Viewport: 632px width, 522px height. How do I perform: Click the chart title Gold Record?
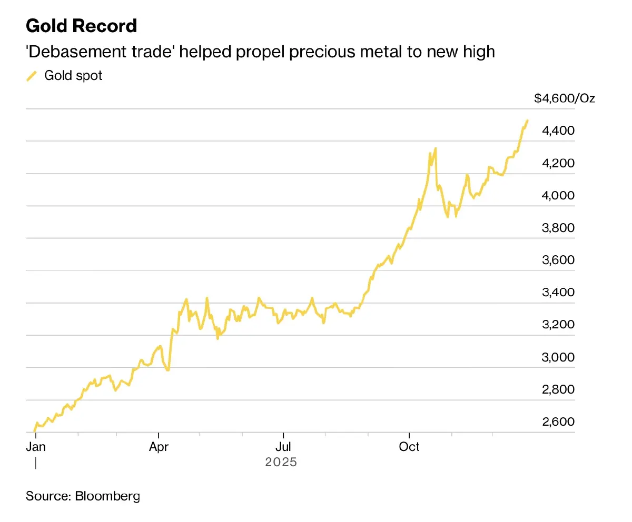click(x=81, y=26)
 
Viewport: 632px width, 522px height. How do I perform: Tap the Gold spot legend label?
click(x=73, y=76)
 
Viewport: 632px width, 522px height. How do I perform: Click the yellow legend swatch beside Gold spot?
click(x=32, y=76)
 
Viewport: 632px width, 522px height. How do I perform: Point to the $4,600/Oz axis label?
click(x=564, y=98)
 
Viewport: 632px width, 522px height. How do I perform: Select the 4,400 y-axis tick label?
click(x=558, y=130)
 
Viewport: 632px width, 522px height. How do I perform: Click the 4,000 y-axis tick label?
click(x=558, y=196)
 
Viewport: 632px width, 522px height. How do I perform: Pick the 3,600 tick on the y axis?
click(x=558, y=260)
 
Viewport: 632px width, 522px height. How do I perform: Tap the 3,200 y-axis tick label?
click(x=558, y=325)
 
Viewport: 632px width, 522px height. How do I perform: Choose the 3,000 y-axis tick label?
click(x=558, y=358)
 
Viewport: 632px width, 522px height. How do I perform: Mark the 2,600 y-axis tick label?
click(x=558, y=423)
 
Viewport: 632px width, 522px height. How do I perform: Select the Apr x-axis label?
click(x=159, y=447)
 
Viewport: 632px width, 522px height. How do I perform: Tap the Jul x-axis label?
click(x=283, y=447)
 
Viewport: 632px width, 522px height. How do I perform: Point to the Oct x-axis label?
click(x=409, y=447)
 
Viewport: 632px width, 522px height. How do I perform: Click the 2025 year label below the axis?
click(x=281, y=463)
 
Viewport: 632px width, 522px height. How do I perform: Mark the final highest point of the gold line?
click(x=527, y=121)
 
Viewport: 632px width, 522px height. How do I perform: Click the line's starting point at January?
click(x=35, y=431)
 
